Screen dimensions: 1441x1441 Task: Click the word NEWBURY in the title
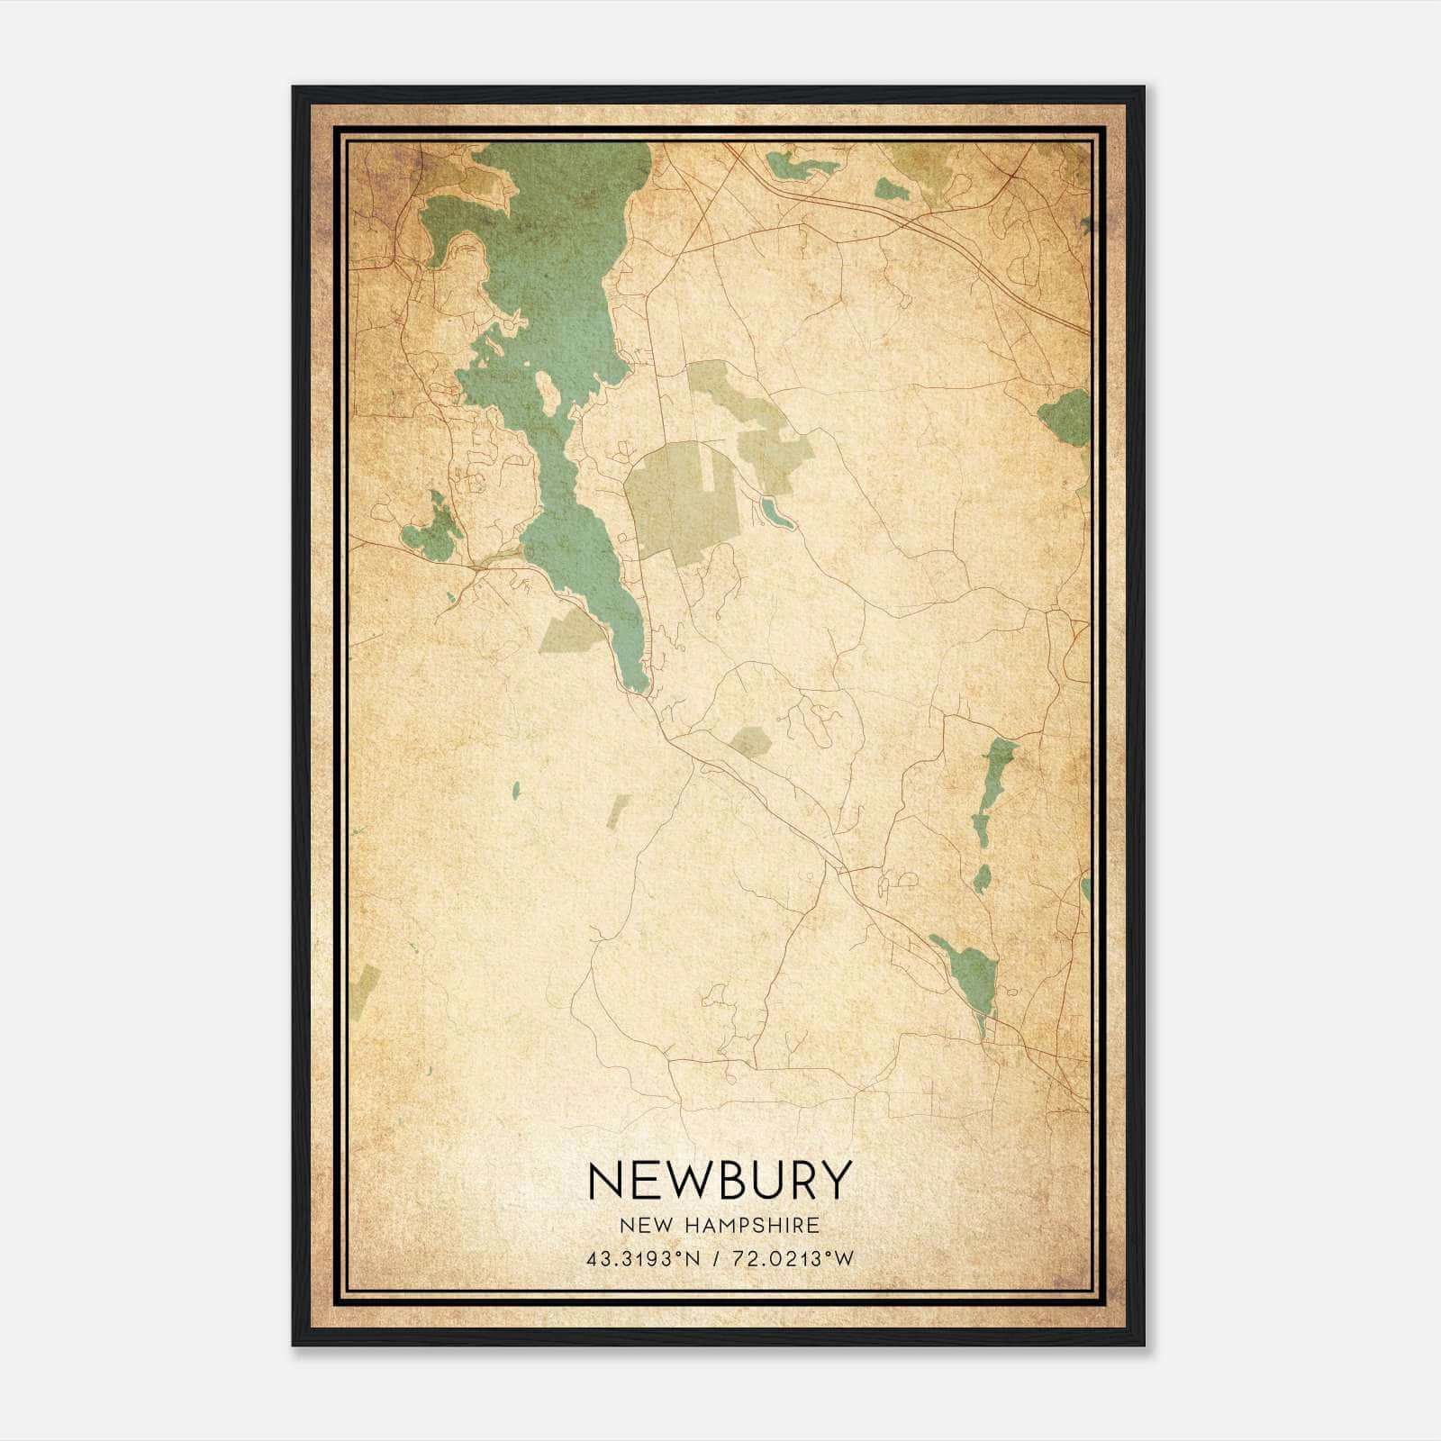point(719,1180)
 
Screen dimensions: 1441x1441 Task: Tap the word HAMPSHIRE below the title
point(762,1226)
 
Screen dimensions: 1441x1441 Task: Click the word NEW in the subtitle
point(642,1226)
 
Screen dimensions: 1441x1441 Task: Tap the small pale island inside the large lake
point(547,392)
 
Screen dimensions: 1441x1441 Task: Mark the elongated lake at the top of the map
point(800,165)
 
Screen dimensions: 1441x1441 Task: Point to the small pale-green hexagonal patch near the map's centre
point(750,742)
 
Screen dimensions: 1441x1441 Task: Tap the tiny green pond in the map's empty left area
point(516,791)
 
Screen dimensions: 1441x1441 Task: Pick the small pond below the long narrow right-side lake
point(982,877)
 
